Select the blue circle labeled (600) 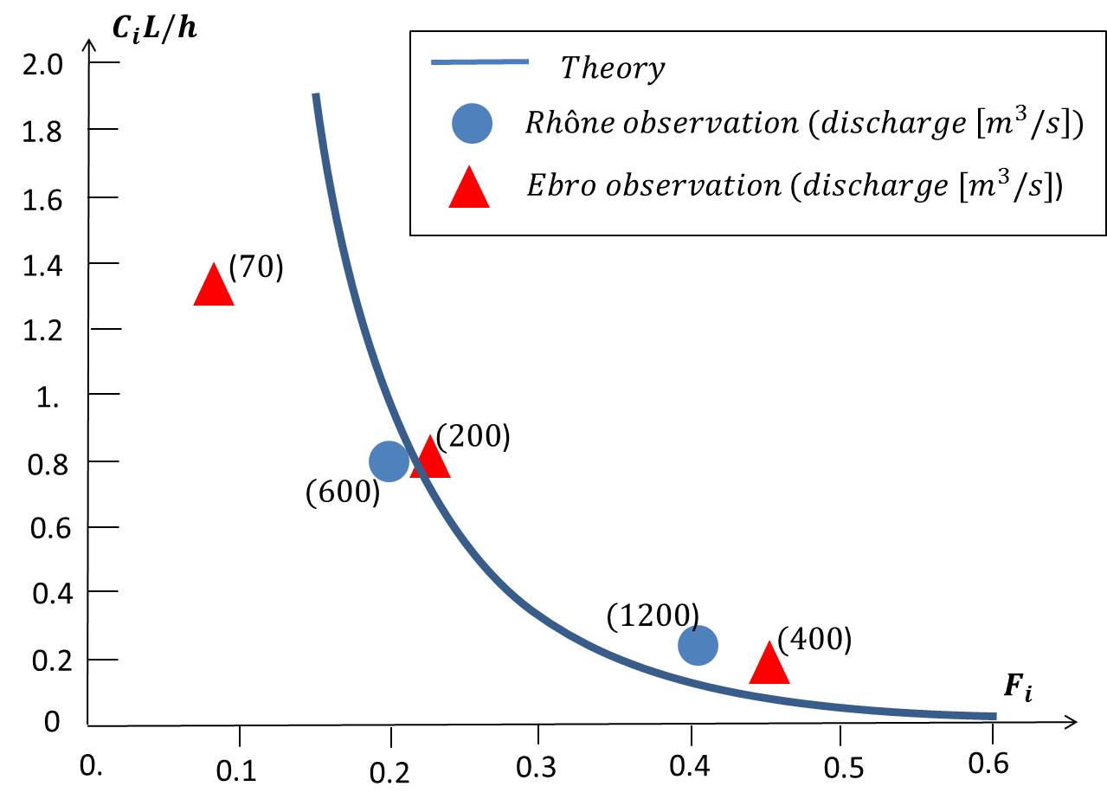click(x=389, y=461)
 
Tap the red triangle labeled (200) click(x=430, y=460)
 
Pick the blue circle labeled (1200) click(x=698, y=645)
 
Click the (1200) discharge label click(x=653, y=615)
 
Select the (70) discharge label click(x=255, y=267)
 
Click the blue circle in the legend click(x=471, y=123)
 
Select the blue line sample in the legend click(x=479, y=62)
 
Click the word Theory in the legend click(x=612, y=68)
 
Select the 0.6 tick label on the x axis click(x=988, y=764)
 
